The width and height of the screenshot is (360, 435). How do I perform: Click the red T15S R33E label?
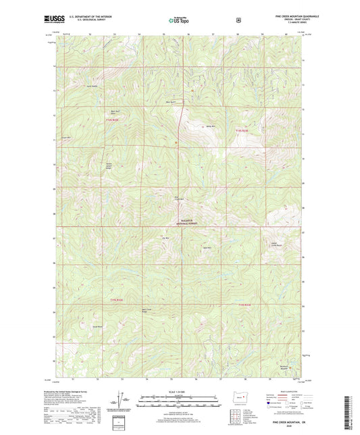tap(245, 305)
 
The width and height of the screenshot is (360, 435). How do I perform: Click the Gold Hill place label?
tap(208, 248)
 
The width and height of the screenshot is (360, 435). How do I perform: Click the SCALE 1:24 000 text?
tap(180, 392)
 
